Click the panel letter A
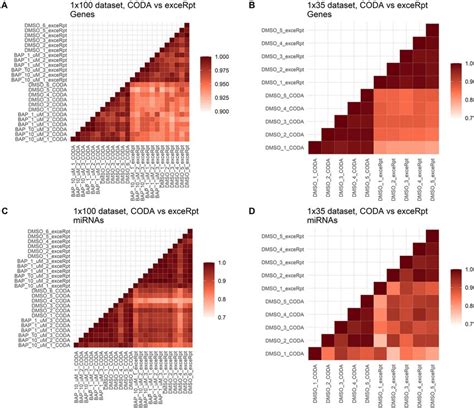tap(6, 6)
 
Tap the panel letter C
tap(6, 212)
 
